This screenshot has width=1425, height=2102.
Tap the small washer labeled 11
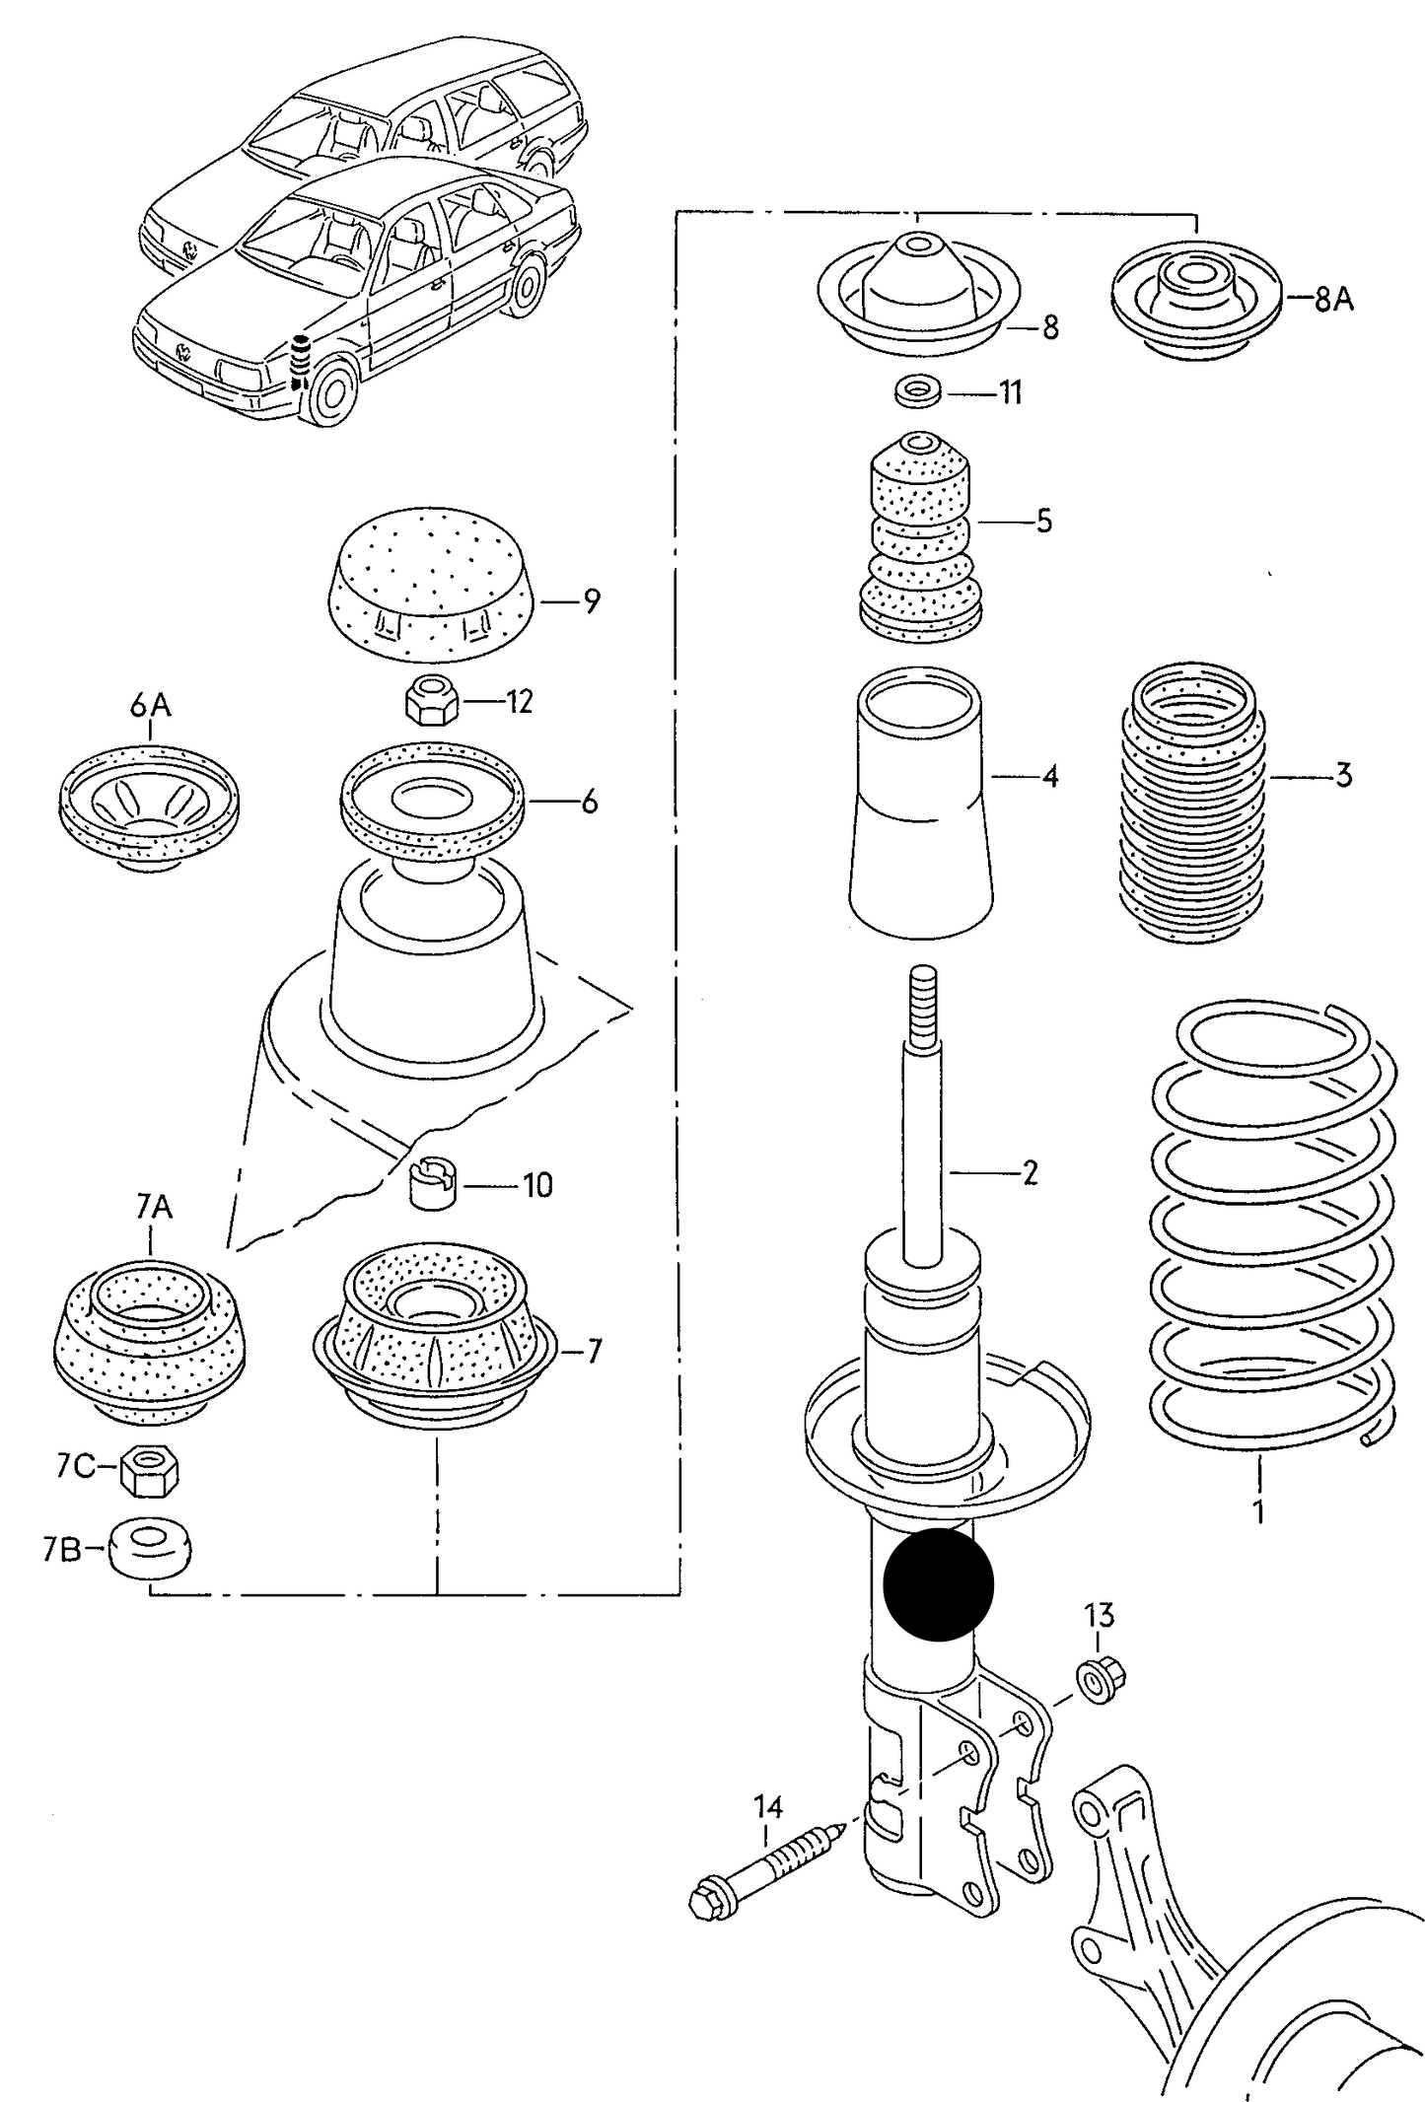pyautogui.click(x=917, y=391)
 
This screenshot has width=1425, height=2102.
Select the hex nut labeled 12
pyautogui.click(x=430, y=701)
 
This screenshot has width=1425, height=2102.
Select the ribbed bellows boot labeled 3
pyautogui.click(x=1192, y=805)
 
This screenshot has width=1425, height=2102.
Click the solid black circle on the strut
pyautogui.click(x=938, y=1585)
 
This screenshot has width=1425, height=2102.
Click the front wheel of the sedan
pyautogui.click(x=331, y=388)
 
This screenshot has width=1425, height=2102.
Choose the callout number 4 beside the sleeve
pyautogui.click(x=1049, y=777)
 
